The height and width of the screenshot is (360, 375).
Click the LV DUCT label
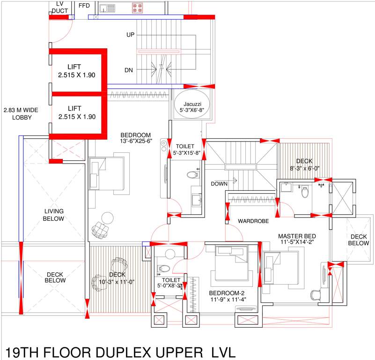coord(59,7)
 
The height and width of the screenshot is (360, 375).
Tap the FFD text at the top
coord(84,5)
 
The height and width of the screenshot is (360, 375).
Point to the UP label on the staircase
coord(131,35)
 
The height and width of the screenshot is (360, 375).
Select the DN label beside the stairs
coord(129,70)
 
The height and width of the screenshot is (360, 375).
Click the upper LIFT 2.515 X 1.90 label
coord(77,71)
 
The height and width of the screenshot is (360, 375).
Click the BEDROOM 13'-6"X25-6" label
coord(135,137)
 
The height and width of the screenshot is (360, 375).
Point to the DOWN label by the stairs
coord(219,184)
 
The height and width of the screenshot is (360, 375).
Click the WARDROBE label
coord(252,220)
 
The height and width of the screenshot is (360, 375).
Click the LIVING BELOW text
coord(54,215)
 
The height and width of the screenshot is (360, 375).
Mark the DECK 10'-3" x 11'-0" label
coord(115,278)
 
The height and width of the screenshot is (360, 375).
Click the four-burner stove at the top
coord(137,7)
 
